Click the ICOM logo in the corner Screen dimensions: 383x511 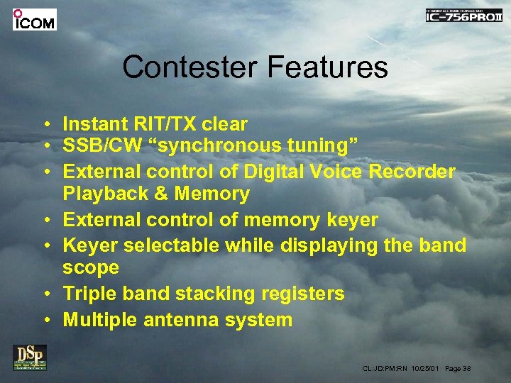(34, 19)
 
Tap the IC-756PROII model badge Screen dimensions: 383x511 (463, 16)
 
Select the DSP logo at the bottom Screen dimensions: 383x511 (29, 357)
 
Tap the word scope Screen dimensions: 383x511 (90, 268)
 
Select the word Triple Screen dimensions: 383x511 (89, 294)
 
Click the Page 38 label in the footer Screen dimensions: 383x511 (457, 369)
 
